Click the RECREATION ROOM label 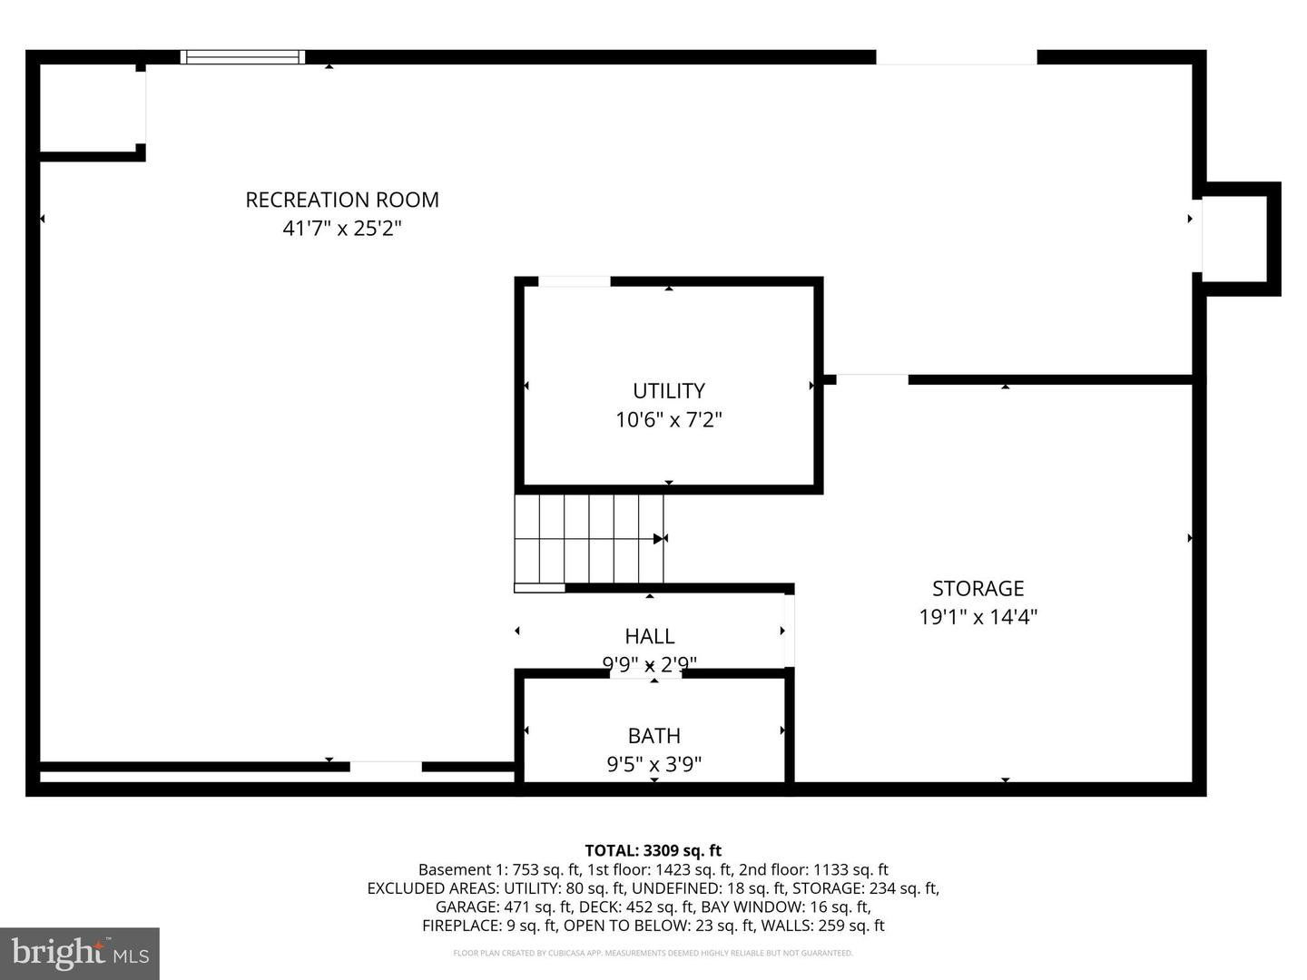click(342, 200)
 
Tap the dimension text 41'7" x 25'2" click(342, 228)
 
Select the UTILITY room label click(669, 391)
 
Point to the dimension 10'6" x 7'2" click(669, 420)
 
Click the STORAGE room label click(978, 588)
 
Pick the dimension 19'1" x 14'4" click(978, 617)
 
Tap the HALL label click(650, 636)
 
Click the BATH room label click(654, 736)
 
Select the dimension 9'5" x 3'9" click(654, 765)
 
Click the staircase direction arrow click(659, 539)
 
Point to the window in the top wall click(242, 57)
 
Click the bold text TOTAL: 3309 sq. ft click(653, 850)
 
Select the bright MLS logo click(80, 953)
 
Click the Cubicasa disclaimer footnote click(653, 954)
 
